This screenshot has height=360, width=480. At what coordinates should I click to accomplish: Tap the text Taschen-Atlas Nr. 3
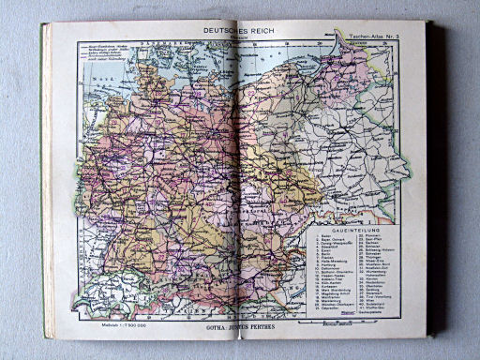[372, 36]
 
